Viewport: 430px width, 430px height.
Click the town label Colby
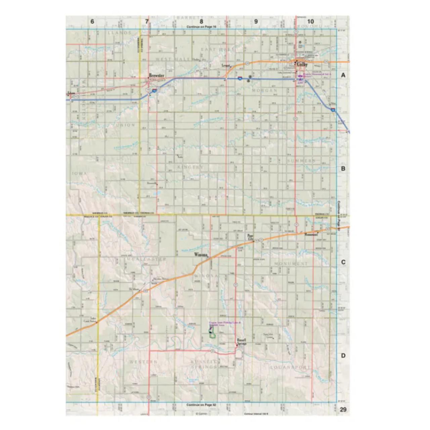tap(302, 64)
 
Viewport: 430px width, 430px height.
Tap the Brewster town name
tap(157, 76)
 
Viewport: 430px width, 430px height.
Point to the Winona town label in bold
tap(201, 255)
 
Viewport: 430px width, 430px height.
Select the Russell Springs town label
tap(242, 342)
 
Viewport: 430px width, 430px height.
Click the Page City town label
tap(250, 237)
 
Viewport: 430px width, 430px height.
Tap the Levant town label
tap(226, 66)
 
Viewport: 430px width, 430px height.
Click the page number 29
tap(343, 409)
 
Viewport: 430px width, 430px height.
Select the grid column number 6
tap(92, 21)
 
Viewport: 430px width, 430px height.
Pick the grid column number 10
tap(310, 21)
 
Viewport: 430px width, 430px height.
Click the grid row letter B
tap(343, 169)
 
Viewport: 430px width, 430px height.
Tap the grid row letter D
tap(343, 356)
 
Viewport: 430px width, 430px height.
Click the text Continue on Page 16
tap(201, 27)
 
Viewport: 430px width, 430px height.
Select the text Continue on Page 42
tap(201, 405)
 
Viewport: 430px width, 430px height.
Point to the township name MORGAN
tap(265, 90)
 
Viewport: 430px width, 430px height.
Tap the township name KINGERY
tap(190, 167)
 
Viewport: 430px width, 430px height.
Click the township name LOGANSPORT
tap(290, 367)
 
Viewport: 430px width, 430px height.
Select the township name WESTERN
tap(143, 362)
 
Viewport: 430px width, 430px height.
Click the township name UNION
tap(125, 125)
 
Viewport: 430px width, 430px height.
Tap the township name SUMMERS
tap(301, 161)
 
